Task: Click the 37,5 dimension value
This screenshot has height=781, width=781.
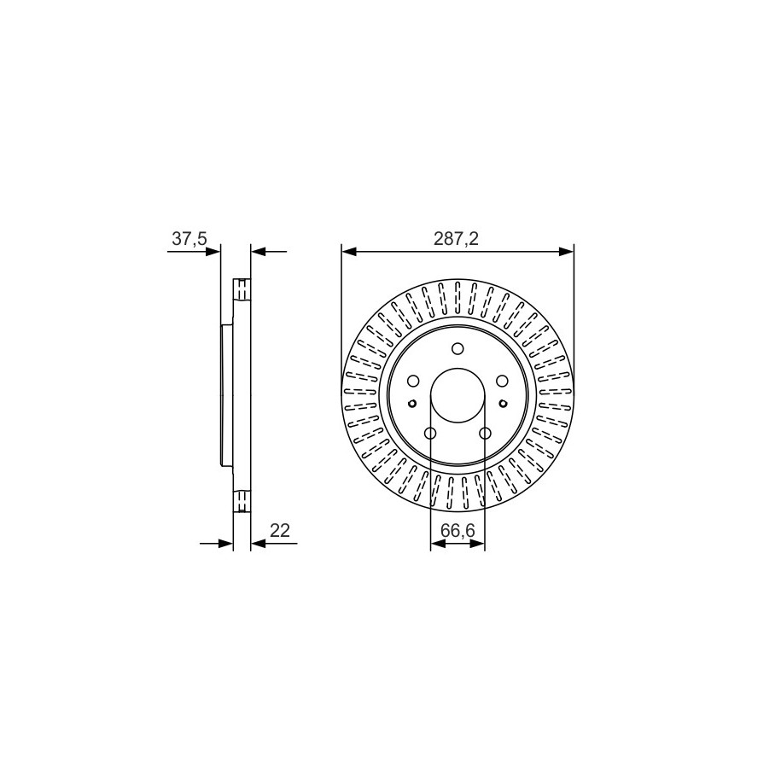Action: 189,239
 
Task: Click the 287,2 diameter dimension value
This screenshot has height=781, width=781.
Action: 457,239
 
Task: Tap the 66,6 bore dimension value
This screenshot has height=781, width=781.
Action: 458,531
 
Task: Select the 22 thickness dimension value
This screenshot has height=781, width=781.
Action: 280,530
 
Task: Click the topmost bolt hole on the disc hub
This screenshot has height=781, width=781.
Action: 458,348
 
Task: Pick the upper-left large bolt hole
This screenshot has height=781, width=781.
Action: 413,381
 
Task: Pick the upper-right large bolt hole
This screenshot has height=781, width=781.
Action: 502,381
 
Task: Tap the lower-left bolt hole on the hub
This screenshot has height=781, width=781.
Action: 430,434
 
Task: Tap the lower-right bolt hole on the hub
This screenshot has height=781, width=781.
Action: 485,434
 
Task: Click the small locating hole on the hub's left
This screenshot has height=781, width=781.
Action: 412,403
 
